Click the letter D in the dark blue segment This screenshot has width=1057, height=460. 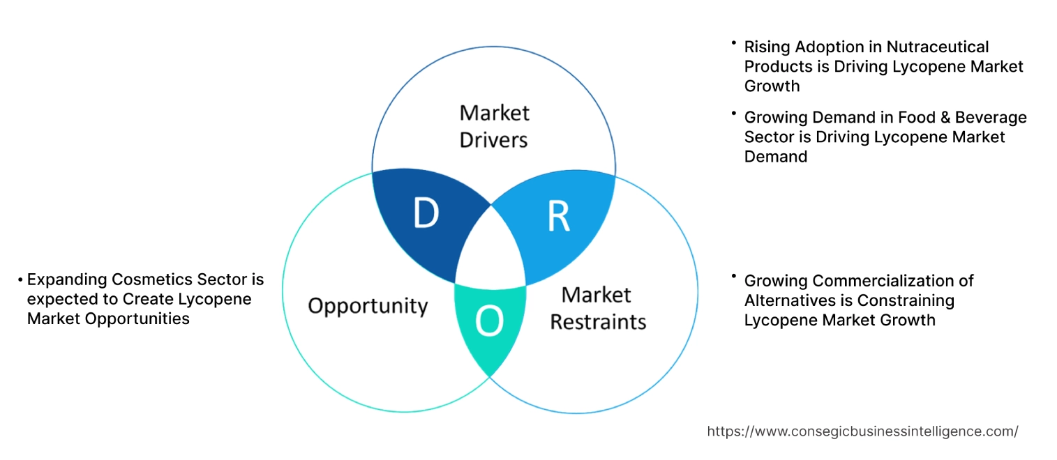(425, 214)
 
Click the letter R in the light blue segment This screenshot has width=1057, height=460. (558, 216)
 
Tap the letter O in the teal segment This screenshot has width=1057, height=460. (488, 321)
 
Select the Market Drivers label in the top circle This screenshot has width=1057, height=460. (494, 126)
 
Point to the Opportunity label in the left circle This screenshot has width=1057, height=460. (368, 305)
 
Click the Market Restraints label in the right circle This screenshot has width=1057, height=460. (598, 308)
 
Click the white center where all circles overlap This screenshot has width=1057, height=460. (490, 251)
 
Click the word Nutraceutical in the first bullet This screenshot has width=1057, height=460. (938, 47)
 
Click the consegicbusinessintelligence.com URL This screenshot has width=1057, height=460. (862, 431)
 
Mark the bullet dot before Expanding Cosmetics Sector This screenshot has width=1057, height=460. (21, 280)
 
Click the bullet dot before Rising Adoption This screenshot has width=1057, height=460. (734, 43)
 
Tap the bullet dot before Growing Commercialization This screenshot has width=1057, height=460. (734, 277)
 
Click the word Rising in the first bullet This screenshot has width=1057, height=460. (765, 47)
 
